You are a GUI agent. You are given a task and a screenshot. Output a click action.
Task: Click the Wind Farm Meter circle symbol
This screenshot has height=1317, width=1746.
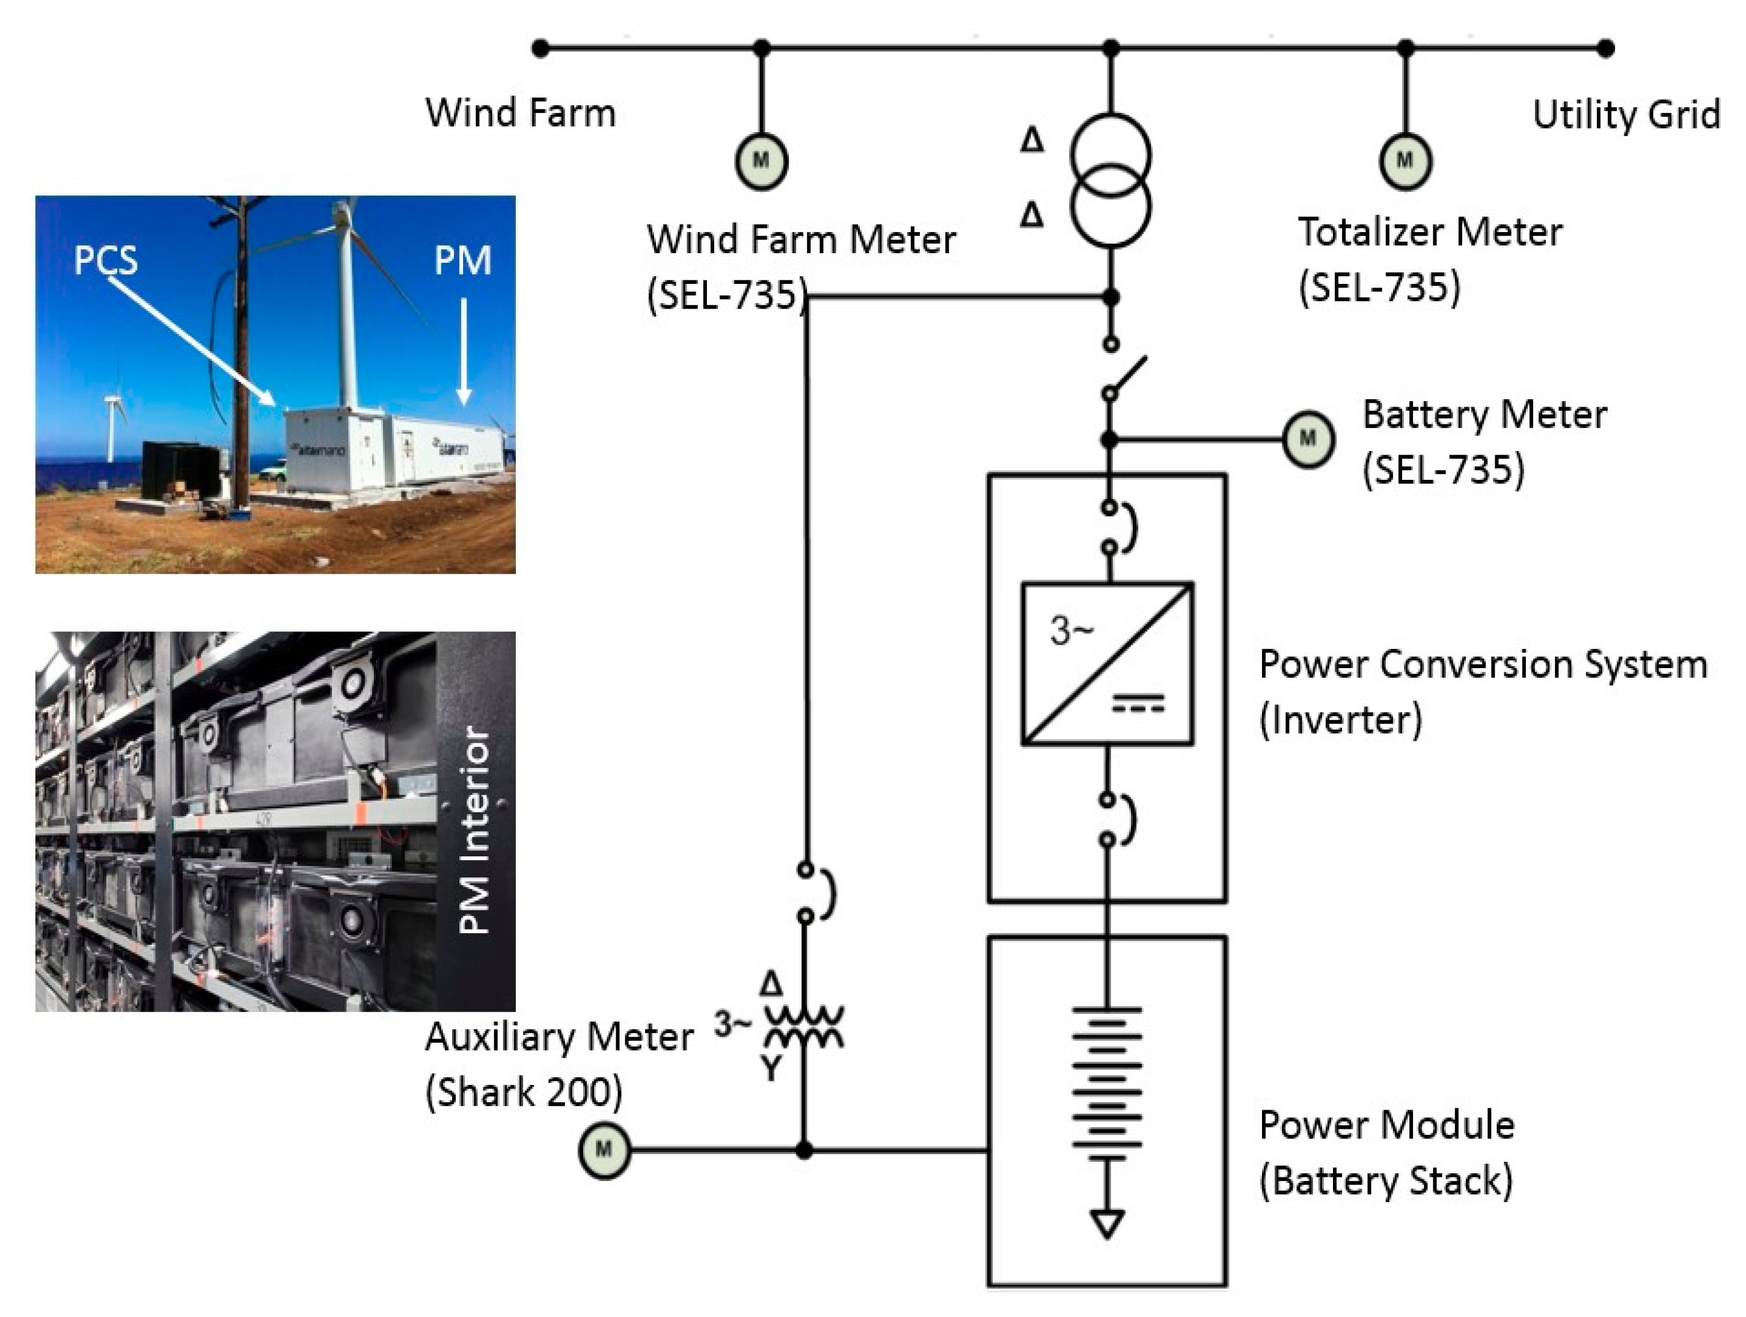coord(761,161)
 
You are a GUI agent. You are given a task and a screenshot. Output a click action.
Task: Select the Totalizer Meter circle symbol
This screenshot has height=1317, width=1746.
coord(1405,161)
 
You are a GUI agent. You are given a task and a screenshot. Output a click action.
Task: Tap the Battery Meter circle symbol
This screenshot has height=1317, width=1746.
coord(1308,439)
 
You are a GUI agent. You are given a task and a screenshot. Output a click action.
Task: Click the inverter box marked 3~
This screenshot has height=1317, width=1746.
coord(1107,663)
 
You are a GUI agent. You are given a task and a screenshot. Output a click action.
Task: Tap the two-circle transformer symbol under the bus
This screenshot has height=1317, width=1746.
coord(1110,181)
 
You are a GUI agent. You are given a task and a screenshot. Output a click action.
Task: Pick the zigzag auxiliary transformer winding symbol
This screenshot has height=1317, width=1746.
coord(803,1025)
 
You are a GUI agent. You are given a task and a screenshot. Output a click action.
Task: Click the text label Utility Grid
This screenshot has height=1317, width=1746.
coord(1625,115)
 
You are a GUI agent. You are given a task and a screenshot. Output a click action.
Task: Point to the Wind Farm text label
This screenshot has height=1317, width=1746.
coord(520,113)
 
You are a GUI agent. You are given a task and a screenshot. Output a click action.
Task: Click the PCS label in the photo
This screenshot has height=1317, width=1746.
coord(105,260)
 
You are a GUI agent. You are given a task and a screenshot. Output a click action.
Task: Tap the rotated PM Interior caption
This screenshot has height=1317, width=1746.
coord(474,830)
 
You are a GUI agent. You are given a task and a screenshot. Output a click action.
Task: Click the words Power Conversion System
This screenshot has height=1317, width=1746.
coord(1483,665)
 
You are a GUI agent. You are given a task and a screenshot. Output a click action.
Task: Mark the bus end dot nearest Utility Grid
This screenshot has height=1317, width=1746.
coord(1605,49)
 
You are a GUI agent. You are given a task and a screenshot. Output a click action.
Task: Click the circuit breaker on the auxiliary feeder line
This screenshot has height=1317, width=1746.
coord(813,893)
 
